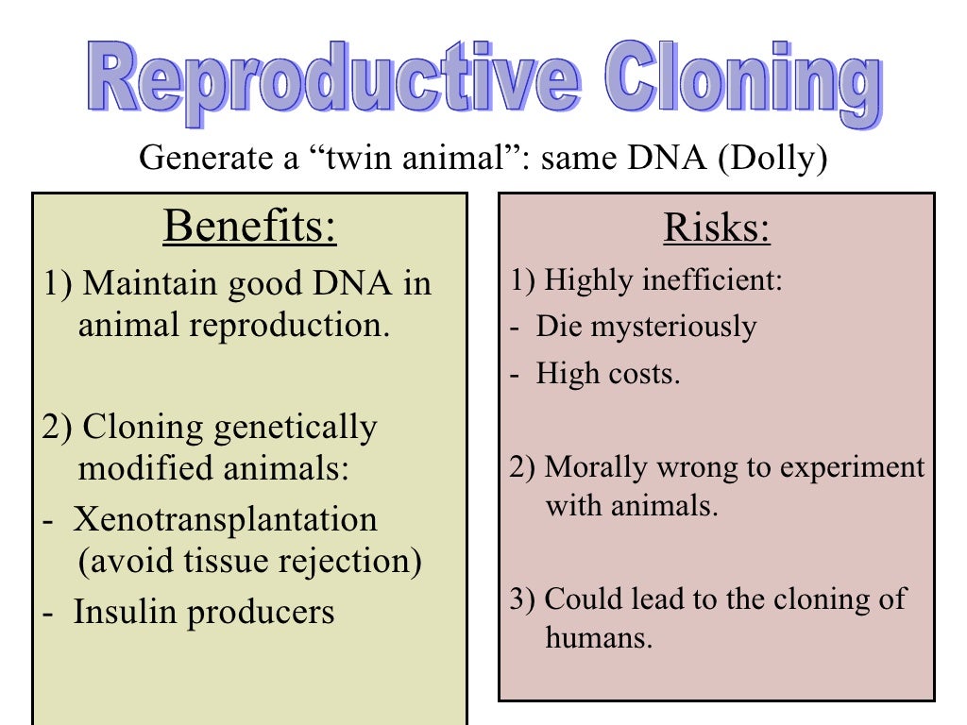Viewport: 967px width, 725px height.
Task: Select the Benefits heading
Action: [x=249, y=228]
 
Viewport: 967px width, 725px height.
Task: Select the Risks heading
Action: [x=717, y=228]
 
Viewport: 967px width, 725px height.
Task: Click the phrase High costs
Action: [x=607, y=373]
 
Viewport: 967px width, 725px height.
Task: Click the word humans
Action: [x=599, y=637]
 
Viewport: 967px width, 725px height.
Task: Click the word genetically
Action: [x=295, y=427]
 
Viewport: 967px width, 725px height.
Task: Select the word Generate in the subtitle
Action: [x=195, y=159]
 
